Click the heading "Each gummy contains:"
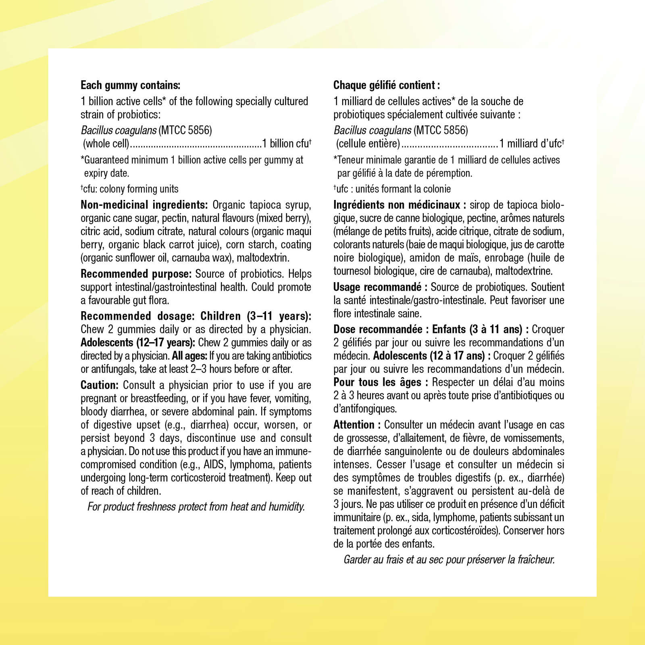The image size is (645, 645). [x=130, y=85]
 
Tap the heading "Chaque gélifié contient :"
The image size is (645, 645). [x=386, y=85]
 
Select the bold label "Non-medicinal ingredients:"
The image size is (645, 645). [x=144, y=205]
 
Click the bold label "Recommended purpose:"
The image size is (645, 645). [x=136, y=274]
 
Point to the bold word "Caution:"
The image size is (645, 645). [x=99, y=385]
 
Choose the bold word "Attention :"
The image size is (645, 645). [x=357, y=425]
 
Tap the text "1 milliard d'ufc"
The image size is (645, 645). [x=530, y=144]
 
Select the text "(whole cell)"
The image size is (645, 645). [x=106, y=144]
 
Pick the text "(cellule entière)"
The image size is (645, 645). [x=368, y=144]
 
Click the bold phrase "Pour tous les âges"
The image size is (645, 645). [x=377, y=382]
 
